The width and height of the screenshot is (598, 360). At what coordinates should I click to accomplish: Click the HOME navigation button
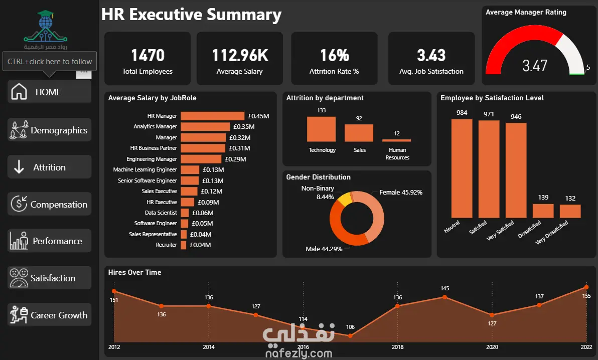(49, 92)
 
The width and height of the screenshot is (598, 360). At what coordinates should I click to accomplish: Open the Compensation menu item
(49, 204)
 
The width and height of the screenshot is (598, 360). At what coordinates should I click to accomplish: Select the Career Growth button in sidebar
(49, 315)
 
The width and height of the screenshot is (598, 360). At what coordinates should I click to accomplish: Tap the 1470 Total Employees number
(147, 55)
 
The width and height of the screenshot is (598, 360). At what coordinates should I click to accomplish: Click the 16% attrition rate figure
(335, 55)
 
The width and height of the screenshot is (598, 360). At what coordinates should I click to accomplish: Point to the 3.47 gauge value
(535, 66)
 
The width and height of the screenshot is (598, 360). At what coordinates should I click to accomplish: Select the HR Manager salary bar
(212, 116)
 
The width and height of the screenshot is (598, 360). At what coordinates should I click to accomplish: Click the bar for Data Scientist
(185, 213)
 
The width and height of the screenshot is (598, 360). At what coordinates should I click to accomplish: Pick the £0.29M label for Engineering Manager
(235, 159)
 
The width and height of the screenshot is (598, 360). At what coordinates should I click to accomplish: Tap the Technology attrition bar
(322, 129)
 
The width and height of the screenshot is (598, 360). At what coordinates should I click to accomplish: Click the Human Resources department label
(397, 154)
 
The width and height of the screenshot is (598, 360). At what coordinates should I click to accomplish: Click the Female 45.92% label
(401, 192)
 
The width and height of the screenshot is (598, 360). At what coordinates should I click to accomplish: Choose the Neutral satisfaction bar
(462, 168)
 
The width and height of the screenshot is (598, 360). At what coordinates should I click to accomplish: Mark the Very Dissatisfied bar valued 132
(570, 211)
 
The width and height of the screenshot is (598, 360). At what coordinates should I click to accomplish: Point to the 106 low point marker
(351, 336)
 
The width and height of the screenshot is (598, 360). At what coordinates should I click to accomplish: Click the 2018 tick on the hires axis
(397, 347)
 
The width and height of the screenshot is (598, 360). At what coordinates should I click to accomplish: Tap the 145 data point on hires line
(444, 297)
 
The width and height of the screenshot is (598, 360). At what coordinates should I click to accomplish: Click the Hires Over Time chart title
(134, 272)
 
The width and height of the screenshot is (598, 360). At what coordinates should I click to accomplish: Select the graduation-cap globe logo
(45, 26)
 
